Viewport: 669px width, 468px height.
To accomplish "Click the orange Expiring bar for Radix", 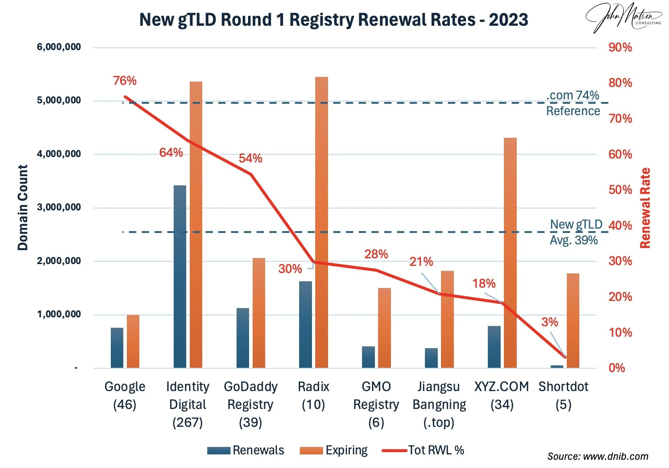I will click(x=322, y=222).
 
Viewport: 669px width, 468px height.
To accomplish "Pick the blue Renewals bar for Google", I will click(x=117, y=347).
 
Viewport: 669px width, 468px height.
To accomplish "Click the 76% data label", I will click(x=125, y=81).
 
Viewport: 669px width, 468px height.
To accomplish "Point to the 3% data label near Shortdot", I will click(x=549, y=322).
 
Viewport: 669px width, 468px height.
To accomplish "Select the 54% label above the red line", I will click(x=250, y=158).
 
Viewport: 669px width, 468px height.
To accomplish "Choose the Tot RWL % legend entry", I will click(x=423, y=450).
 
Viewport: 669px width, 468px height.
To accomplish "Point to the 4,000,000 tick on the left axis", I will click(x=59, y=154).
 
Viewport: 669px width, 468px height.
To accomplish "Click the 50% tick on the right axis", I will click(x=620, y=190).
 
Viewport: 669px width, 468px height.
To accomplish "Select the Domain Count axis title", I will click(x=23, y=208).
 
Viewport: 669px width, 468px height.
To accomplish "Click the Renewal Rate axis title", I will click(x=645, y=208).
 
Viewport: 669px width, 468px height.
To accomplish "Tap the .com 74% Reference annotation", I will click(x=573, y=103).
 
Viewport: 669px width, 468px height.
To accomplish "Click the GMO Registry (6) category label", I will click(x=376, y=404).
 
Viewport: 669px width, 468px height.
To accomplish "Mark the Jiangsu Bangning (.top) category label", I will click(x=439, y=404).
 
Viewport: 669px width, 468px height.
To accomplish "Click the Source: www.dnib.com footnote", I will click(x=598, y=457).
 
